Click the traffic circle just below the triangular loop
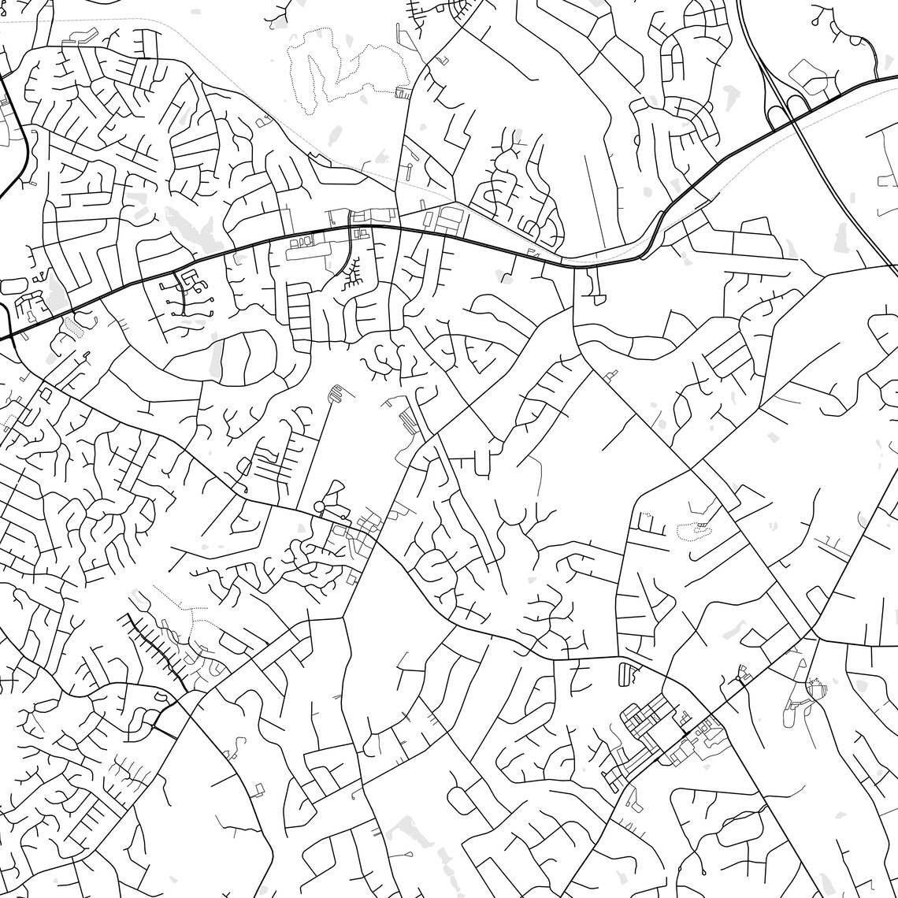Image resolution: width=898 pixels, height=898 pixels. point(320,507)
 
